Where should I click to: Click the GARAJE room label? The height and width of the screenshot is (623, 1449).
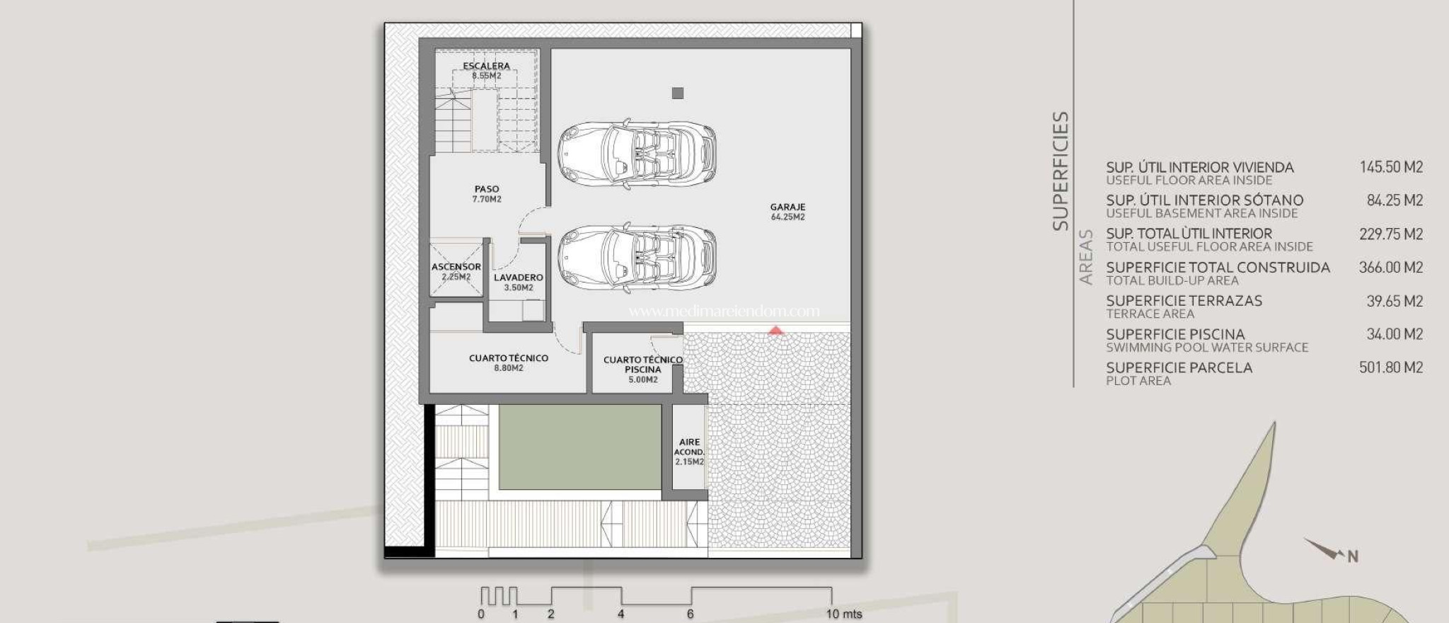tap(787, 212)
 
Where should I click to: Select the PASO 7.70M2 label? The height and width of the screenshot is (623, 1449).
tap(487, 194)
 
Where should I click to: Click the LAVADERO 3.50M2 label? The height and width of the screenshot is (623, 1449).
tap(519, 282)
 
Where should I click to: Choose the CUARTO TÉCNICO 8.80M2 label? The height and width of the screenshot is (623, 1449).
tap(509, 363)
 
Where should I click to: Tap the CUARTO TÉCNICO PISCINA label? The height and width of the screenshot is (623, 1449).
tap(643, 370)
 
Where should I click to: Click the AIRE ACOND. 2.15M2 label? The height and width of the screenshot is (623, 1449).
tap(689, 452)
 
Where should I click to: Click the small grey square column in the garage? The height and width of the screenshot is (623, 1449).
tap(678, 93)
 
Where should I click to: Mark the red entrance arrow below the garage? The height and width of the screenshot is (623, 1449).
tap(776, 331)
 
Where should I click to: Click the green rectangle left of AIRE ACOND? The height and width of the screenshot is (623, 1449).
tap(580, 447)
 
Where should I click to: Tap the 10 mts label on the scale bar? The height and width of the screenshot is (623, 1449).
tap(844, 614)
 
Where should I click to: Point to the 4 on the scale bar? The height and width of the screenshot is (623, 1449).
tap(620, 614)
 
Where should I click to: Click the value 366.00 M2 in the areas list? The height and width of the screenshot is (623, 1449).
tap(1391, 268)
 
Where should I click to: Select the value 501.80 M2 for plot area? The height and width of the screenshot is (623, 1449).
tap(1391, 367)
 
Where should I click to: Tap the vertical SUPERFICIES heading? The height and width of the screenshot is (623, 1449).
tap(1060, 171)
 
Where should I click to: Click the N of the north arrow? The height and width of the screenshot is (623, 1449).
tap(1353, 556)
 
